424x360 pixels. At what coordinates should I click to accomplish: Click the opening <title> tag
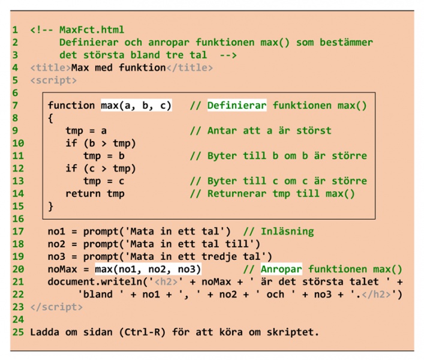point(50,67)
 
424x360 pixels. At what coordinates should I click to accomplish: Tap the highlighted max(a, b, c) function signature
point(136,106)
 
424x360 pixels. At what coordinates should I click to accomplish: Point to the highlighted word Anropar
point(281,269)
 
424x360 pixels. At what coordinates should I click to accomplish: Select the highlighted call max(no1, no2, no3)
point(148,269)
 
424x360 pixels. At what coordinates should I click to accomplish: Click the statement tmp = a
point(86,131)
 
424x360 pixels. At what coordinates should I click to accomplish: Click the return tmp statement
point(95,194)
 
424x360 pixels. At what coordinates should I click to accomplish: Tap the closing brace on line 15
point(51,206)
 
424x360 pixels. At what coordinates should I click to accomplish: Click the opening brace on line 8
point(51,118)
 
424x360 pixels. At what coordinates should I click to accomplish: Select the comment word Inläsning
point(287,232)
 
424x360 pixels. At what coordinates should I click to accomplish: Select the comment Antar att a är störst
point(269,131)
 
